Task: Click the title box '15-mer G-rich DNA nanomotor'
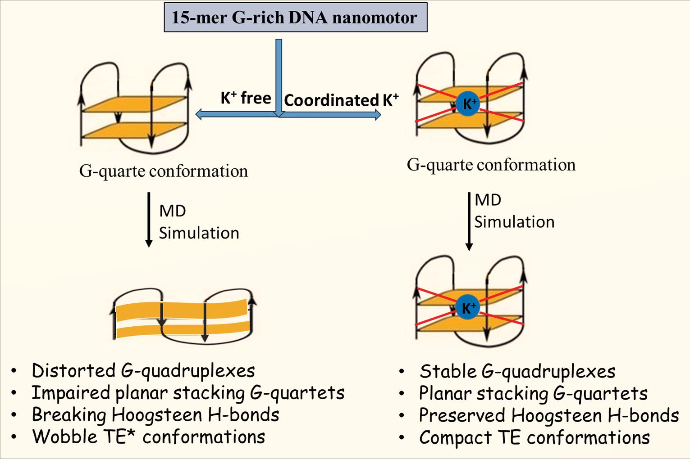tap(295, 18)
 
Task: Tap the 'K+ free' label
tap(246, 98)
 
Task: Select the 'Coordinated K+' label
tap(341, 100)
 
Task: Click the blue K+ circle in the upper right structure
tap(468, 104)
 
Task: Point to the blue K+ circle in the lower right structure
tap(468, 308)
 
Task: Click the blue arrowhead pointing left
tap(200, 115)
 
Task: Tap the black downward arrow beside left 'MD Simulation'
tap(149, 220)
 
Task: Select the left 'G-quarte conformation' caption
tap(164, 171)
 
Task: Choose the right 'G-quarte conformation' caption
tap(491, 165)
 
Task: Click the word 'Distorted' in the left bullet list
tap(73, 371)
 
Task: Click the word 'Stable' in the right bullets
tap(448, 372)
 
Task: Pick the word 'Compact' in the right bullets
tap(455, 437)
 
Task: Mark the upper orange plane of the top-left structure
tap(135, 103)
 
